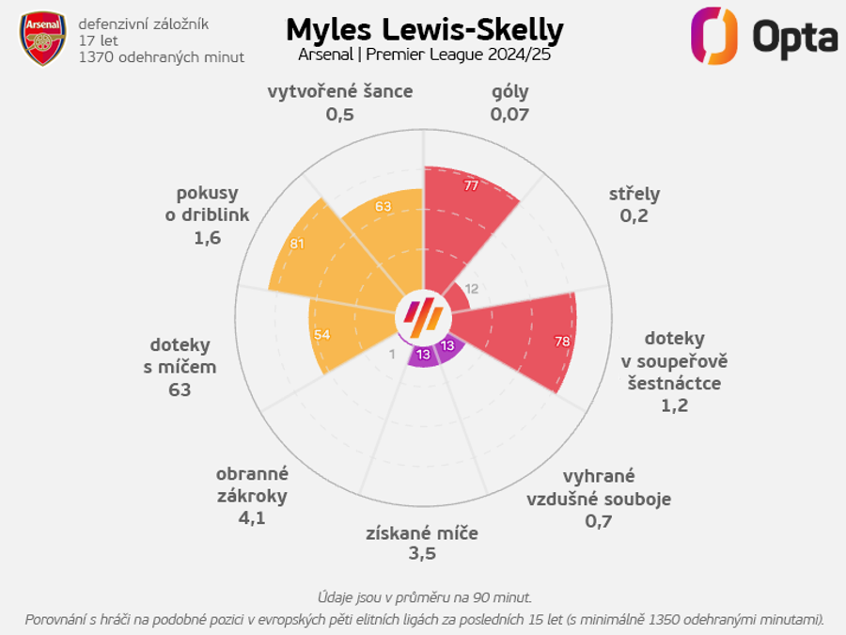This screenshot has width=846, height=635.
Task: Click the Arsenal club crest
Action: click(x=43, y=39)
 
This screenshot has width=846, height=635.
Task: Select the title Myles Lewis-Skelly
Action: click(x=424, y=29)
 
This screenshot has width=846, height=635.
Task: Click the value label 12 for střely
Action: click(x=472, y=289)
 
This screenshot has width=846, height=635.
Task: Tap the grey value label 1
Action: click(x=392, y=354)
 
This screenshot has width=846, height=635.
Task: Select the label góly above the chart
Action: click(x=510, y=92)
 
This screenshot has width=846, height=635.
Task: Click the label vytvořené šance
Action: click(x=340, y=92)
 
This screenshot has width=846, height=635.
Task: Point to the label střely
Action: click(x=634, y=195)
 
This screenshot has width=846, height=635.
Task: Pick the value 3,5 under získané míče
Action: click(x=422, y=554)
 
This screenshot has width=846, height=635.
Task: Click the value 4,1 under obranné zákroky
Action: click(x=252, y=517)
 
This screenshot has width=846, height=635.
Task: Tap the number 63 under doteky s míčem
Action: click(x=180, y=389)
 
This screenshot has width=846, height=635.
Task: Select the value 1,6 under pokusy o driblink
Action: click(x=208, y=238)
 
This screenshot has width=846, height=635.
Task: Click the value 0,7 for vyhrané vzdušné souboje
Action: click(x=598, y=520)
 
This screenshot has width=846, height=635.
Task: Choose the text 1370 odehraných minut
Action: click(x=162, y=57)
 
